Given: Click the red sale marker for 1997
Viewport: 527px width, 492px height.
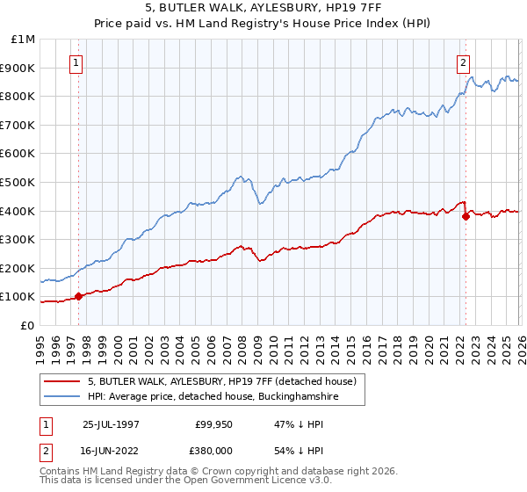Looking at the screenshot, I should pyautogui.click(x=79, y=296).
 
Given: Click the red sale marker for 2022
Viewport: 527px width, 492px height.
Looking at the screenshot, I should pyautogui.click(x=466, y=216).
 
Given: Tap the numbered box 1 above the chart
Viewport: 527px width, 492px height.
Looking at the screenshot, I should pyautogui.click(x=77, y=62).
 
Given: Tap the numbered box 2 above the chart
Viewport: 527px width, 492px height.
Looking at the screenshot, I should pyautogui.click(x=463, y=62).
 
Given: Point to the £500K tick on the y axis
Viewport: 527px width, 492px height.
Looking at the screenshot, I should pyautogui.click(x=20, y=183).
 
